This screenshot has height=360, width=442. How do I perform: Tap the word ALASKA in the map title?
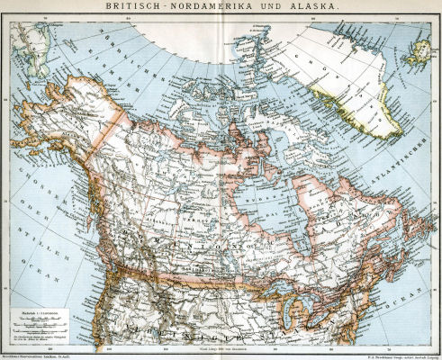tap(317, 7)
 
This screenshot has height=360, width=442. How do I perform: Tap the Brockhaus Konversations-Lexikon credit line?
tap(45, 355)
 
